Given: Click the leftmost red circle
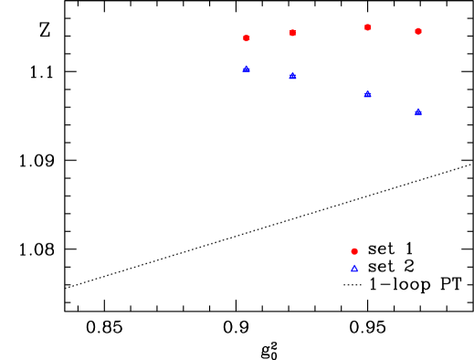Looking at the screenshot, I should pos(247,38).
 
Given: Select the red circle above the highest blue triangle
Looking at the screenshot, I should pos(247,38).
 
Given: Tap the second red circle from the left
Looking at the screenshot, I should pos(292,33).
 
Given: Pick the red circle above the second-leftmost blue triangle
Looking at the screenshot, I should pos(292,33).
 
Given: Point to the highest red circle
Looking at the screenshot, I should pos(368,27).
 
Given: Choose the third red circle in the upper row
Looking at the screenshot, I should pos(368,27).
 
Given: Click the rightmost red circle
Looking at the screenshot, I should pos(418,31).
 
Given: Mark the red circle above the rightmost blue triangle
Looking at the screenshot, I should pos(418,31).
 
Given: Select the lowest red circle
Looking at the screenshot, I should pos(354,251).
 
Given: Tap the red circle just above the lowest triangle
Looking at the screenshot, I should pos(354,251).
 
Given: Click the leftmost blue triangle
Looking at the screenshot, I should pos(247,69).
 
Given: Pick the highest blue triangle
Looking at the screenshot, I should pos(247,69).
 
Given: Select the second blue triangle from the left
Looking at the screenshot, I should pos(292,76).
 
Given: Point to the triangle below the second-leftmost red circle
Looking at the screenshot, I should pos(292,76).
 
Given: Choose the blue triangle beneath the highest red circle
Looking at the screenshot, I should pos(368,94).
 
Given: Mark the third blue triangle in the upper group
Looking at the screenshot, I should pos(368,94).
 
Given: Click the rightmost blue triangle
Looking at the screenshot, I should pos(418,112).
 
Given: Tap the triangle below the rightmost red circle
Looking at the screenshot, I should pos(418,112).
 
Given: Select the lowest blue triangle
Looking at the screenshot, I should pos(354,268).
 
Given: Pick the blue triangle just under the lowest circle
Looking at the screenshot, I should pos(354,268).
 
